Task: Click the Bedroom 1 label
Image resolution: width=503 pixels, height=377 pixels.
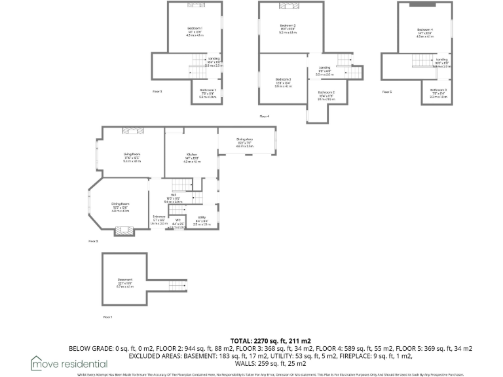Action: (195, 28)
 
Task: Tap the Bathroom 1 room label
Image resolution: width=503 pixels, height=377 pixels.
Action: (208, 89)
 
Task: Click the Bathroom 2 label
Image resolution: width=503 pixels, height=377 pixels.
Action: (326, 92)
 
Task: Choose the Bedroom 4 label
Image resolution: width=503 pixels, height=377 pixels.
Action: (425, 29)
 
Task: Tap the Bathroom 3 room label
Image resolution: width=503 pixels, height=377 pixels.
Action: (438, 90)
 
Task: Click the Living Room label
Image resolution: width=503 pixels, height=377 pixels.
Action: (132, 154)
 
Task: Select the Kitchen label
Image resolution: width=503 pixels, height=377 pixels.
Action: (191, 154)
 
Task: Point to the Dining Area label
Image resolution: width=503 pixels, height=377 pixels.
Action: (244, 139)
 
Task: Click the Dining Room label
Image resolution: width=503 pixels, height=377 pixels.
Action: (120, 204)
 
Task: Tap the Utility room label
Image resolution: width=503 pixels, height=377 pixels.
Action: (201, 217)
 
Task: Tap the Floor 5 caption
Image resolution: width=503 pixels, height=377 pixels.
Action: (387, 92)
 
